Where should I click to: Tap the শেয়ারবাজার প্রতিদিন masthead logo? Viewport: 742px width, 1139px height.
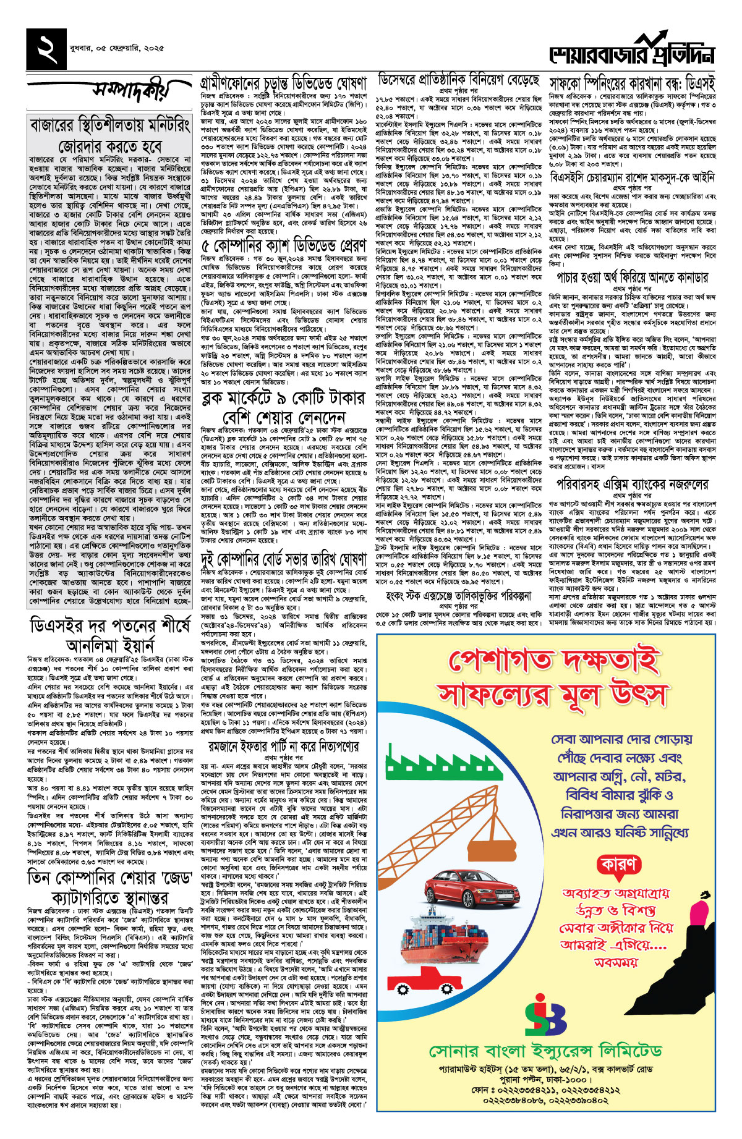pos(631,51)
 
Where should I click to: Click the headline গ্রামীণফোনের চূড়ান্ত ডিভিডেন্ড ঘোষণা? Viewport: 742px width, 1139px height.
pos(284,83)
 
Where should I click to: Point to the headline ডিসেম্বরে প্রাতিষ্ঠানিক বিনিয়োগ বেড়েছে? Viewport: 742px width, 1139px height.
pos(459,80)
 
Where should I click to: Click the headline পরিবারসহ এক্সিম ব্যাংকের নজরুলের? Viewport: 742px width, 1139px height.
pos(632,484)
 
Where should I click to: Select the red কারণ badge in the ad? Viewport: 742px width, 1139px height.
pos(616,863)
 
